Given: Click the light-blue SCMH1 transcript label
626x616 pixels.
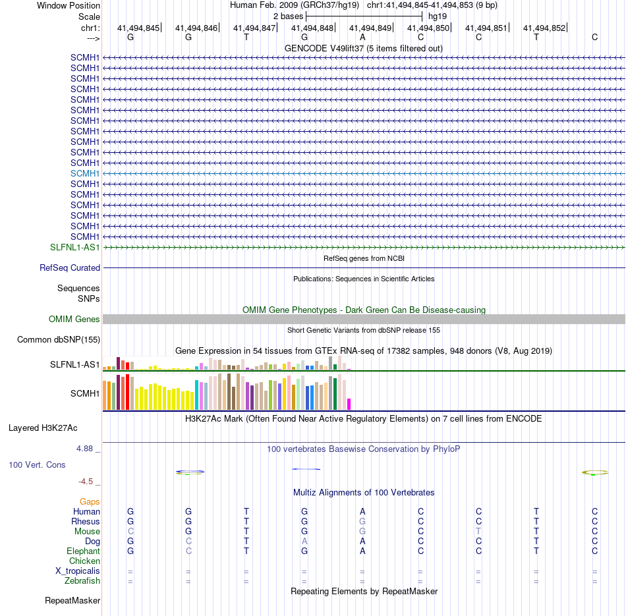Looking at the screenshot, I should coord(85,173).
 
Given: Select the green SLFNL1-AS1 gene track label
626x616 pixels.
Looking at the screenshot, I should coord(75,247).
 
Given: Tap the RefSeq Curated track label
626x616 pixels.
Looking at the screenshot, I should coord(70,268).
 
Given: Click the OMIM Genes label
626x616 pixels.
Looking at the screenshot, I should coord(74,320).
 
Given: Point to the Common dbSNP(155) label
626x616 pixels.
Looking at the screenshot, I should coord(59,340).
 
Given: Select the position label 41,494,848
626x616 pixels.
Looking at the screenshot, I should coord(312,28).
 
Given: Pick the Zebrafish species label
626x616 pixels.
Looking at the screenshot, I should coord(82,581).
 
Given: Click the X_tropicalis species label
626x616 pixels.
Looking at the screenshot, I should coord(78,571).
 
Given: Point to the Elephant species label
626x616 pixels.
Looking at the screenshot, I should coord(83,551).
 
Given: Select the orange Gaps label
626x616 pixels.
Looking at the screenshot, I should coord(90,502).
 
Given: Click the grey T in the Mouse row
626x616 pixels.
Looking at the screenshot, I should coord(478,532).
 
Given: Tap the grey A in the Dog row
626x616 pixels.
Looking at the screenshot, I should coord(304,542).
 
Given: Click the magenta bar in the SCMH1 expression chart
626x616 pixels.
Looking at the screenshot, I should coord(349,404).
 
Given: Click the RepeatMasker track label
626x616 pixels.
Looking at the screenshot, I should coord(72,601).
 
